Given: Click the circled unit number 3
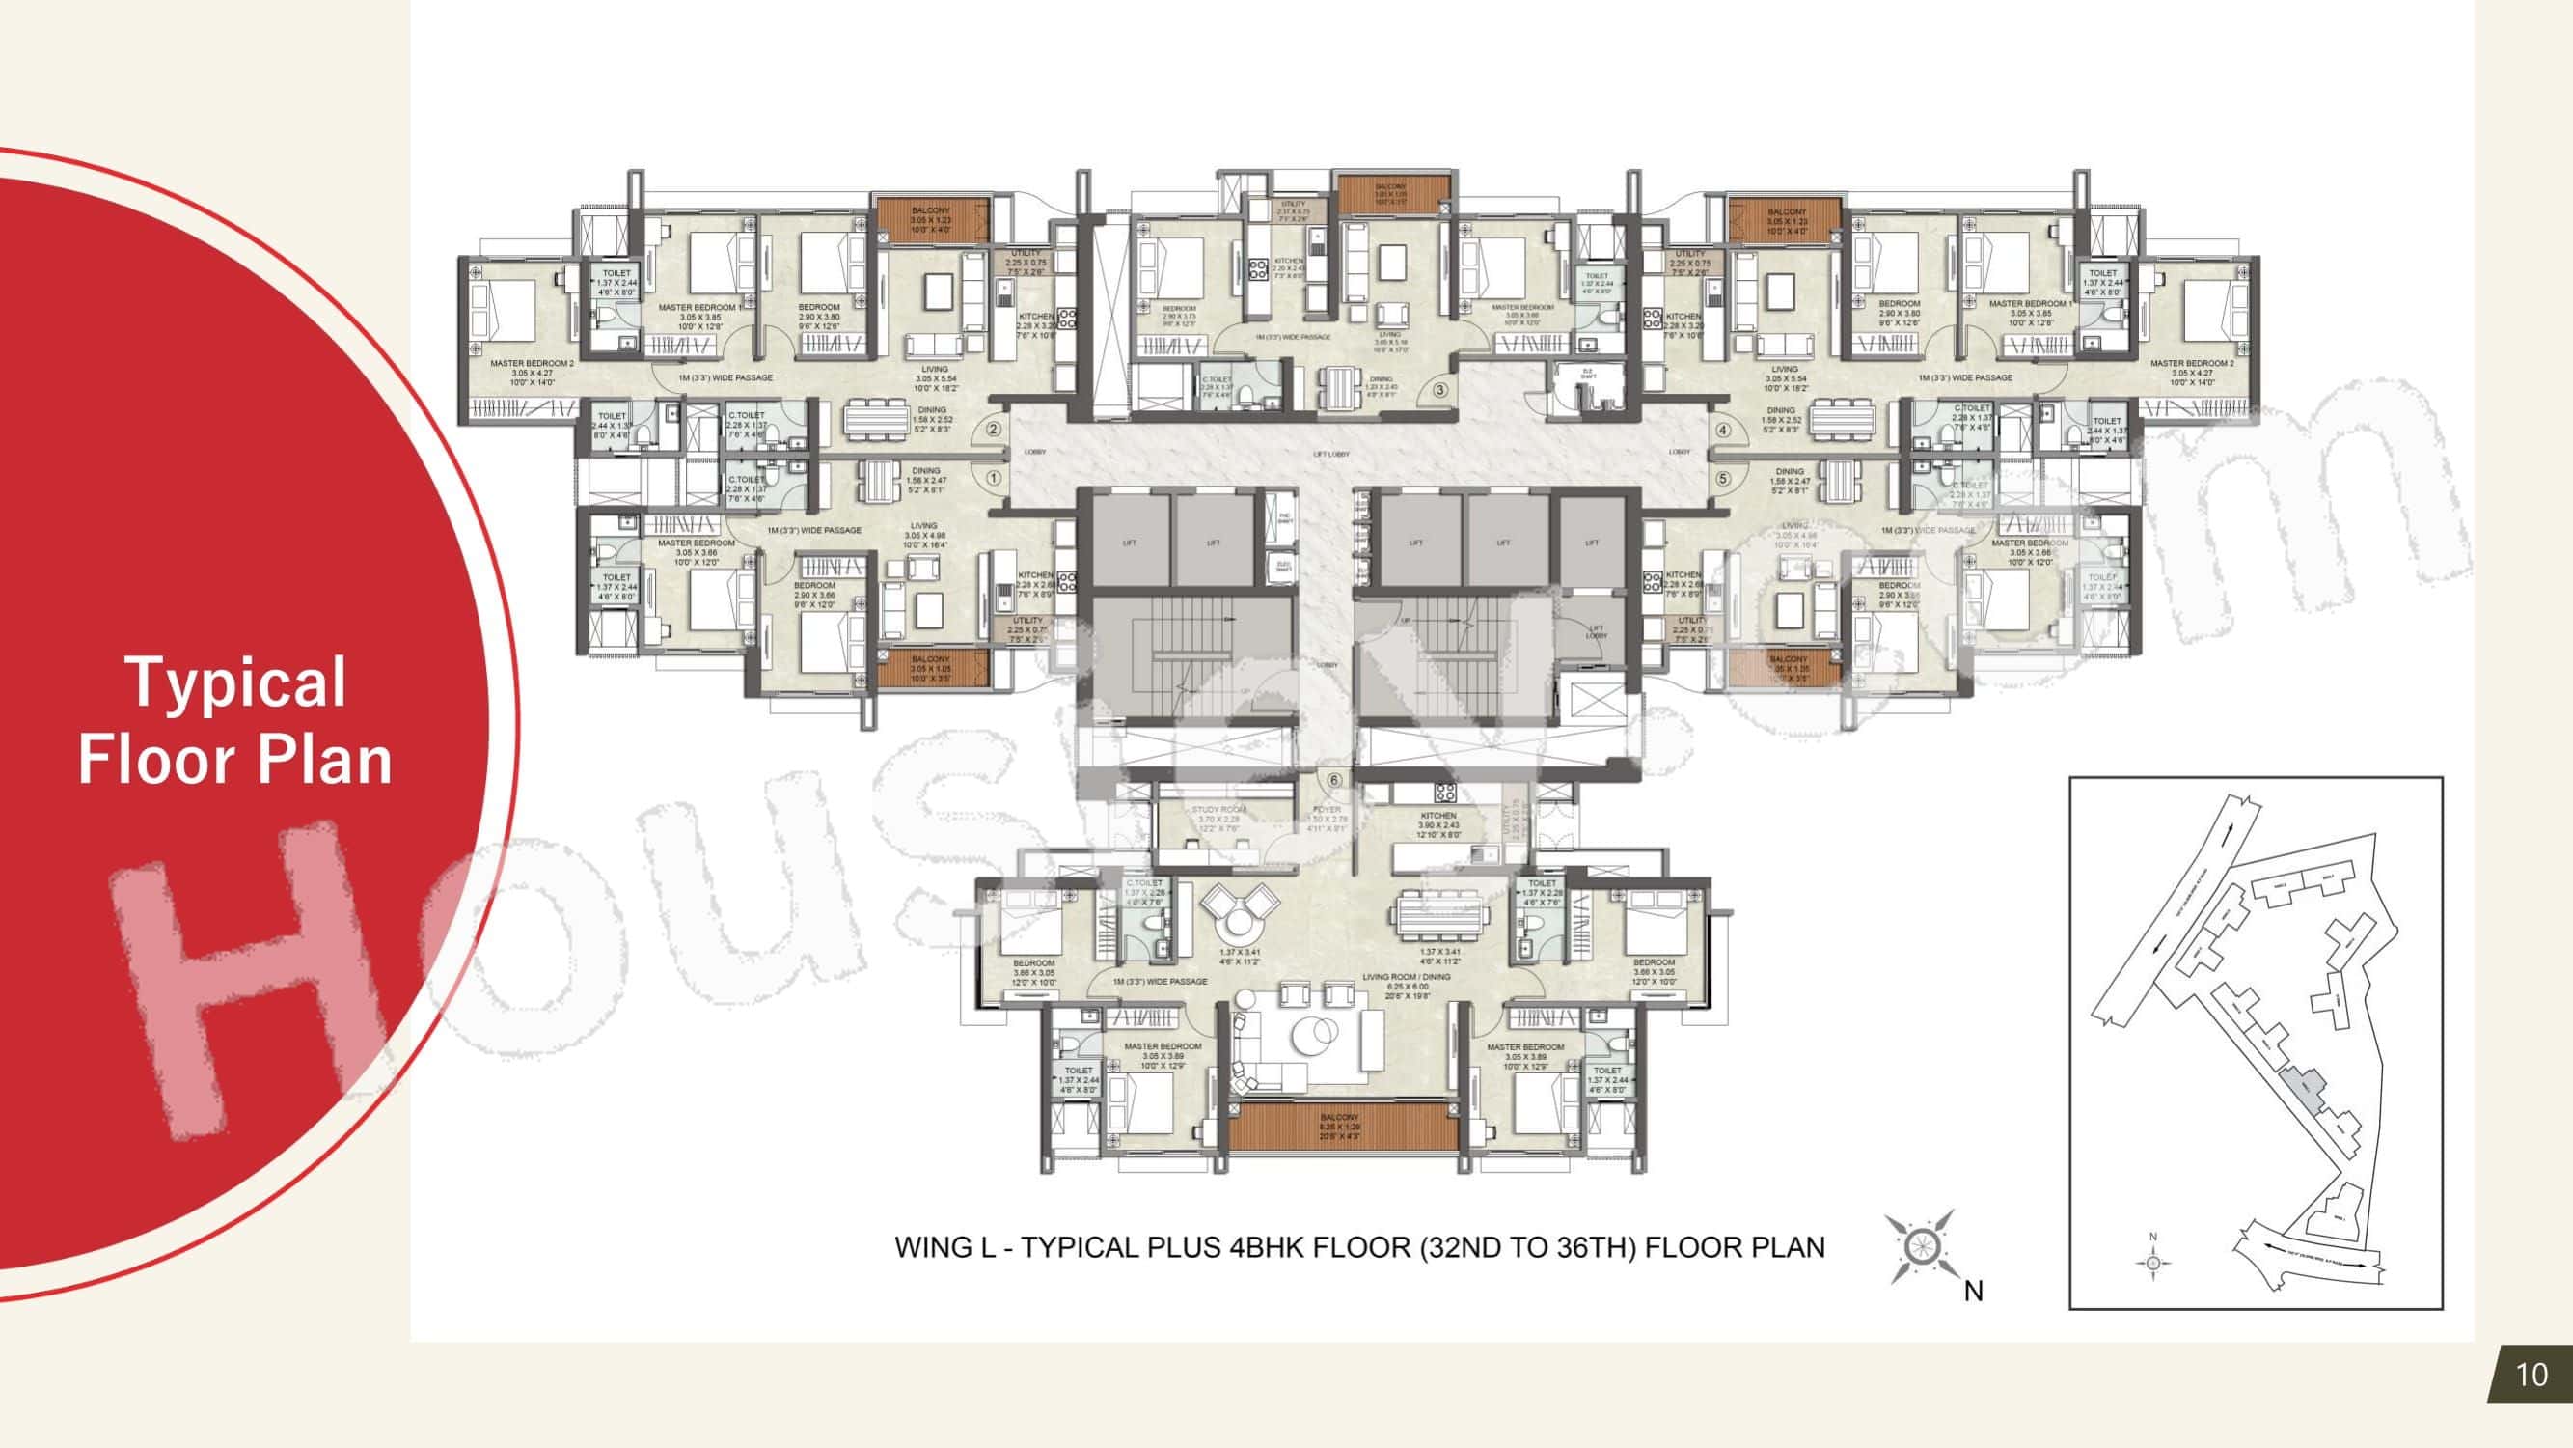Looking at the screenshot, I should click(x=1440, y=390).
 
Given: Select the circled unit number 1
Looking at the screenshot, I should click(x=993, y=479).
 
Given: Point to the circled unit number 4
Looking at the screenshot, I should click(x=1723, y=431).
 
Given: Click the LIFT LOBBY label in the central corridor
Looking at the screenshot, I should click(x=1330, y=454).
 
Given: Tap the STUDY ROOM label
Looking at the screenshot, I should click(x=1218, y=811).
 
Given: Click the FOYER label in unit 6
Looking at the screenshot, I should click(x=1328, y=810).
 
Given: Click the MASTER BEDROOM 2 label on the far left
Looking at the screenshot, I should click(x=532, y=364).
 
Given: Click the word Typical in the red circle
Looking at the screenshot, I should click(x=234, y=683).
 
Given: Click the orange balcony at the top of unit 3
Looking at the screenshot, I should click(x=1391, y=194).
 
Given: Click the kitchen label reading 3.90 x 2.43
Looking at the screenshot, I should click(x=1438, y=824).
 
